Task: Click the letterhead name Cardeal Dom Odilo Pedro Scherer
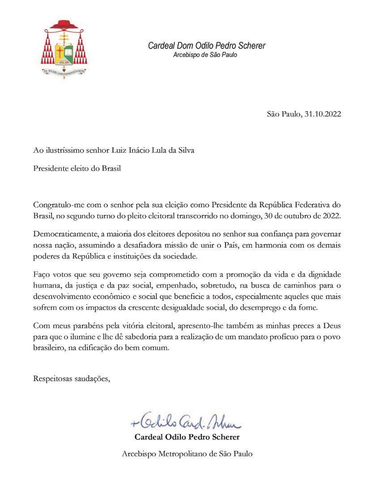[x=207, y=46]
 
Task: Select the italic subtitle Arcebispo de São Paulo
[x=205, y=55]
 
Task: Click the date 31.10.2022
[x=323, y=114]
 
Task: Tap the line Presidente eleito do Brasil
[x=77, y=169]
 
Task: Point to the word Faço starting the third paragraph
[x=42, y=273]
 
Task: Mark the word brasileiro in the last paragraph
[x=49, y=349]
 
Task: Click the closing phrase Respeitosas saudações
[x=72, y=379]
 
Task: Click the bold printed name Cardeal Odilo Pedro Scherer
[x=187, y=437]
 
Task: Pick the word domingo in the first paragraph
[x=267, y=216]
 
